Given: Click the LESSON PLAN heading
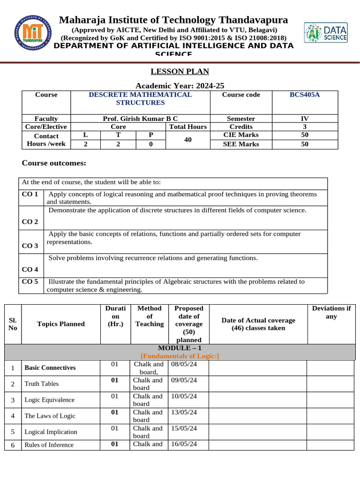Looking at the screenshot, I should (x=180, y=72).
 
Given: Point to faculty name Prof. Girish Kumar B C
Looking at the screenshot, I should (x=140, y=119).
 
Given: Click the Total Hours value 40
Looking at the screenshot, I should (x=187, y=140).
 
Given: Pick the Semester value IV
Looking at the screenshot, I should (x=304, y=119).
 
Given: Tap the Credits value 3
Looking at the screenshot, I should (x=304, y=127).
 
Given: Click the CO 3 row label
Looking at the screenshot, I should (x=30, y=246).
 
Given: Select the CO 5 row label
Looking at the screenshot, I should (x=30, y=282).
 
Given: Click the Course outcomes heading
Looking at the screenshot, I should (x=54, y=163).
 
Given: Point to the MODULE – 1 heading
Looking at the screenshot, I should (x=180, y=348).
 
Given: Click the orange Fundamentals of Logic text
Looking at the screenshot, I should (x=180, y=356).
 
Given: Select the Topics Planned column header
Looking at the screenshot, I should (x=61, y=324).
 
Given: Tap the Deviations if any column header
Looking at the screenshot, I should (x=331, y=312).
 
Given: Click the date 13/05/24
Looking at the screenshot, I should (x=184, y=412).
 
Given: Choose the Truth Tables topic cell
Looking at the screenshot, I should (x=42, y=384).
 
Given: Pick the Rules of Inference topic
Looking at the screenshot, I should (x=49, y=445).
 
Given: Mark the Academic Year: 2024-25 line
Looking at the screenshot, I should (x=180, y=86).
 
